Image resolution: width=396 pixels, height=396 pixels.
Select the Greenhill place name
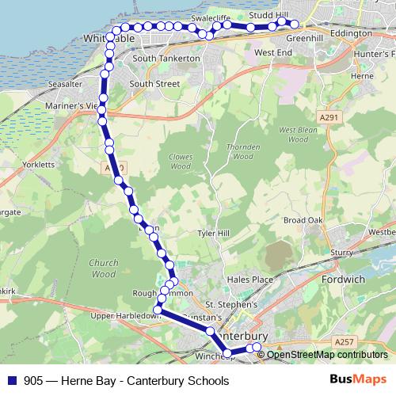[x=305, y=37]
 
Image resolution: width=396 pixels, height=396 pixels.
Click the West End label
[x=274, y=52]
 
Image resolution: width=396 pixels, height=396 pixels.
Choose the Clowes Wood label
[x=181, y=162]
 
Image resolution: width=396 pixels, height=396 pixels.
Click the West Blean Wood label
[x=293, y=134]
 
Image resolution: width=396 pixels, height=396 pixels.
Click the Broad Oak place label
[x=303, y=219]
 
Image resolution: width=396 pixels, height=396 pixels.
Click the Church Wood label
[x=104, y=268]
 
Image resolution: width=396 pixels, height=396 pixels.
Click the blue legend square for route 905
[x=11, y=381]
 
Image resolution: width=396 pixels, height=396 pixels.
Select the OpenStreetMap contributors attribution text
[x=326, y=355]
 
